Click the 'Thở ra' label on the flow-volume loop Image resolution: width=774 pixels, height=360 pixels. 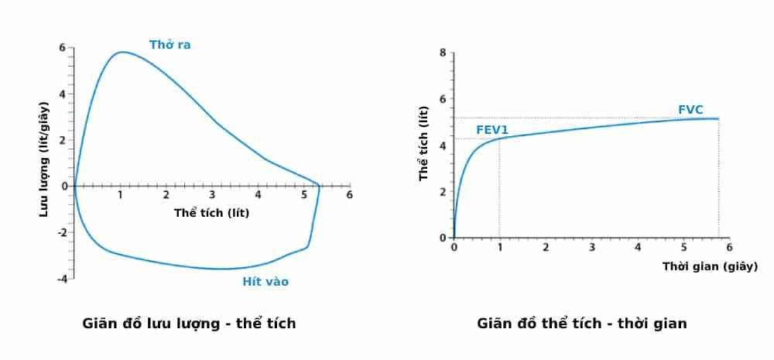170,45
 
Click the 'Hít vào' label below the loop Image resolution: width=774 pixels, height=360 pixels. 265,282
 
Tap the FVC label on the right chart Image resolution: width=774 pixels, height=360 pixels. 690,110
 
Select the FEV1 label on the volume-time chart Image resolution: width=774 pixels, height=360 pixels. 491,130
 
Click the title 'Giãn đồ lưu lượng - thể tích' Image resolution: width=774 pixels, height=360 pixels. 189,324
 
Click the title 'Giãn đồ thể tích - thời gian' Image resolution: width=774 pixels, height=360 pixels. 581,324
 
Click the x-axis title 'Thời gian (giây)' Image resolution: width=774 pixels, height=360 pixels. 710,266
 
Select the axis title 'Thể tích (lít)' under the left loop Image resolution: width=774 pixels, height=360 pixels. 211,211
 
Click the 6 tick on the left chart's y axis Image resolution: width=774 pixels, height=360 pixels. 62,47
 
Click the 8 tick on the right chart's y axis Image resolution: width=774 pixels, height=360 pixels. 443,53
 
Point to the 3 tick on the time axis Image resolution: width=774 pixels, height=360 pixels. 591,248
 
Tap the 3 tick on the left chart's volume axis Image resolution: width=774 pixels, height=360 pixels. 212,194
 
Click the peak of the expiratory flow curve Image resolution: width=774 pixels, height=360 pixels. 122,52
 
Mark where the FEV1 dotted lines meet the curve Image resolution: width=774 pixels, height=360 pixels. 499,139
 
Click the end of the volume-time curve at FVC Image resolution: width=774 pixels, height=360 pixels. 719,118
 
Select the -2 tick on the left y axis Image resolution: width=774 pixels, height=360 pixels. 60,232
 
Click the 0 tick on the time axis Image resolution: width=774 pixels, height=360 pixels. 454,248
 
